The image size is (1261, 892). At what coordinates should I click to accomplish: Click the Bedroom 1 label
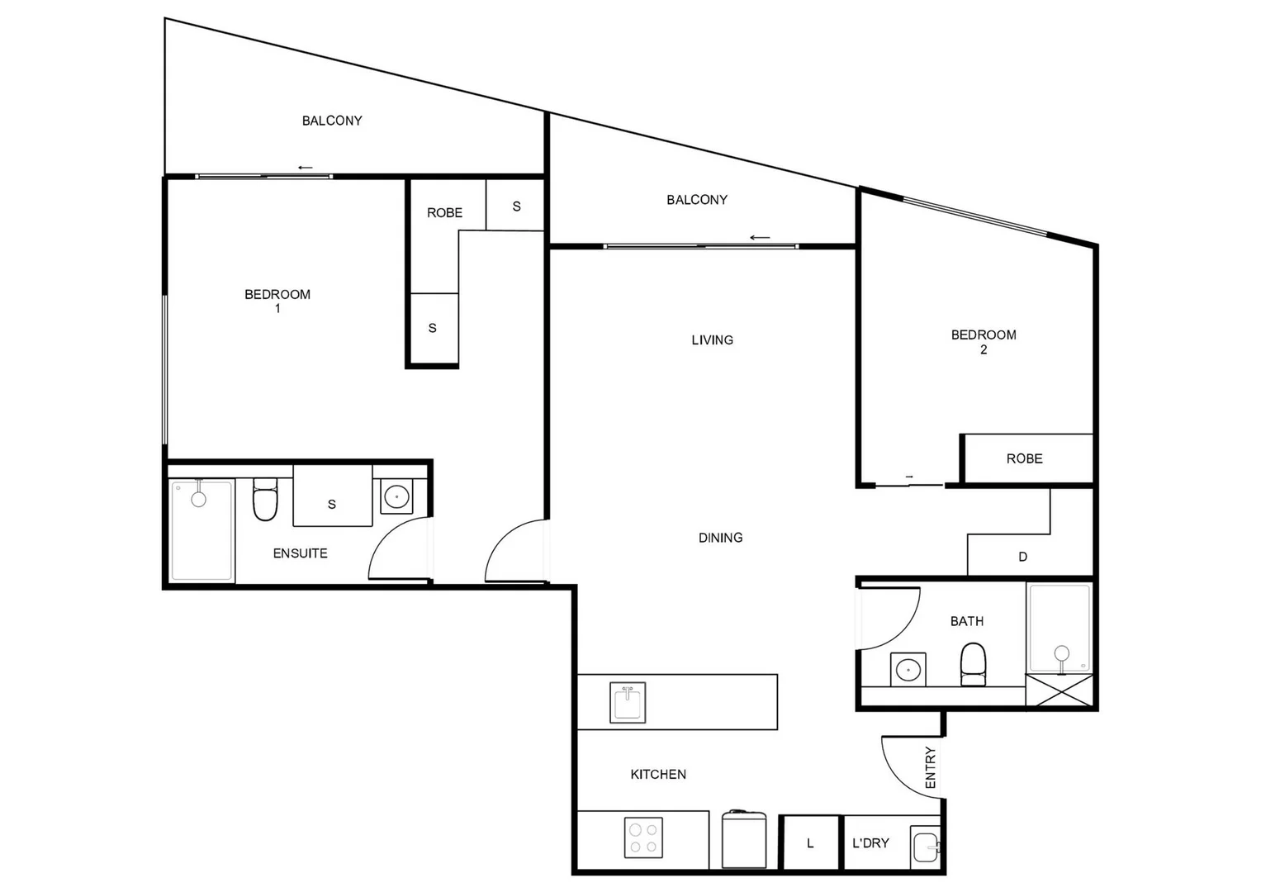tap(277, 301)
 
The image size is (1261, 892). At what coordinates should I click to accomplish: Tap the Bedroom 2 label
tap(983, 341)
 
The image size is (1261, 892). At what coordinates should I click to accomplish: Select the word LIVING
tap(712, 339)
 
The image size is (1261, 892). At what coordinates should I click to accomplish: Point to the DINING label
tap(720, 538)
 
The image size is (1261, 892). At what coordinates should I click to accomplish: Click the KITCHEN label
tap(658, 774)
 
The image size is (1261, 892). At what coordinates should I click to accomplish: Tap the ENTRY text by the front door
tap(931, 767)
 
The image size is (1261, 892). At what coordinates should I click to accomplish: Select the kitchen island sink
tap(628, 702)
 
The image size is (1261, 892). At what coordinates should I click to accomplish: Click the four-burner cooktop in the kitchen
tap(643, 837)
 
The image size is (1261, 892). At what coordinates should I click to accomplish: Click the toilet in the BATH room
tap(974, 664)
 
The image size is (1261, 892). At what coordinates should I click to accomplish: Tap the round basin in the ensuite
tap(396, 497)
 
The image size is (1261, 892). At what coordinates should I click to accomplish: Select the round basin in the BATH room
tap(908, 669)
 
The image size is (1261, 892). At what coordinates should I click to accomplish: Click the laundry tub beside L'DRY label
tap(926, 847)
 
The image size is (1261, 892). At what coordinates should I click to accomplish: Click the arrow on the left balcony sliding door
tap(306, 168)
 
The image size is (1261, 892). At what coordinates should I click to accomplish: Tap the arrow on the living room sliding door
tap(760, 238)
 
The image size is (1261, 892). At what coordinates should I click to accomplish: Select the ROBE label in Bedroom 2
tap(1024, 458)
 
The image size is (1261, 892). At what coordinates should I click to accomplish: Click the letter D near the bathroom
tap(1022, 557)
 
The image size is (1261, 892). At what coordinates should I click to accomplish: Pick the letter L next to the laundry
tap(810, 843)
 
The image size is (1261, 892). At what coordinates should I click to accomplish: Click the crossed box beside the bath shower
tap(1059, 690)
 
